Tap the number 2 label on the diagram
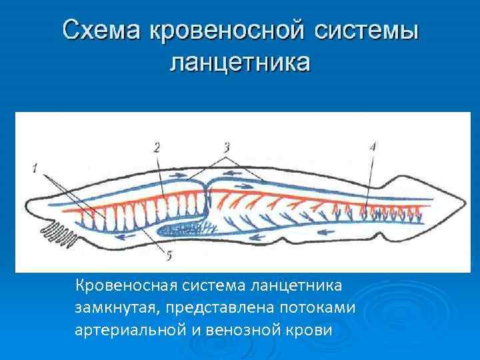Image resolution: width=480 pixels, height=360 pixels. [x=157, y=147]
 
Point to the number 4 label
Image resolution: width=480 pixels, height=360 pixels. [x=372, y=147]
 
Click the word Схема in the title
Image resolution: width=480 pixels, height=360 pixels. [x=101, y=31]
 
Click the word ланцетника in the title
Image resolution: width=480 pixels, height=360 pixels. [x=240, y=64]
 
